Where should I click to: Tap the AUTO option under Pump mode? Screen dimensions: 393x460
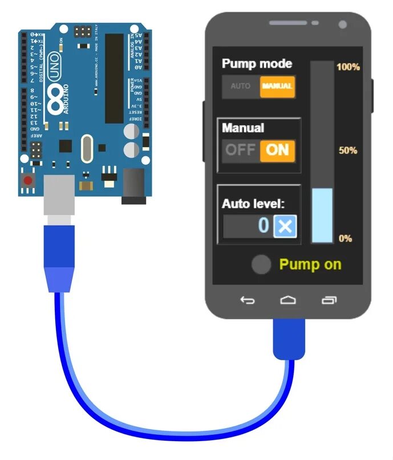(240, 87)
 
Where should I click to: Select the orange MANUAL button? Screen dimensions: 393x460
(277, 87)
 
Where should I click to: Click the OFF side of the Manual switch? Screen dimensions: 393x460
(240, 150)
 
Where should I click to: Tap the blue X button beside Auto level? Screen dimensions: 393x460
(285, 226)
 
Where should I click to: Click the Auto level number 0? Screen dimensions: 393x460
(262, 226)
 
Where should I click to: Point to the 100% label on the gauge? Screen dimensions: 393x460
(348, 67)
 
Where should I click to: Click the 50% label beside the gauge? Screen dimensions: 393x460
(347, 150)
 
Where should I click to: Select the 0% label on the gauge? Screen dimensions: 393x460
(345, 238)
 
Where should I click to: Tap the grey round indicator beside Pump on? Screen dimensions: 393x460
(261, 264)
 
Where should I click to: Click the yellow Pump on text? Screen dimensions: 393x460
(310, 264)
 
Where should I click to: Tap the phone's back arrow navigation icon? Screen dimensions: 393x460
(247, 300)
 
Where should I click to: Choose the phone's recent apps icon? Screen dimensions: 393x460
(329, 300)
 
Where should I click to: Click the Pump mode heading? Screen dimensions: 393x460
(257, 64)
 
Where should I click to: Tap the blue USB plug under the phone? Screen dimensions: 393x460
(289, 340)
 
